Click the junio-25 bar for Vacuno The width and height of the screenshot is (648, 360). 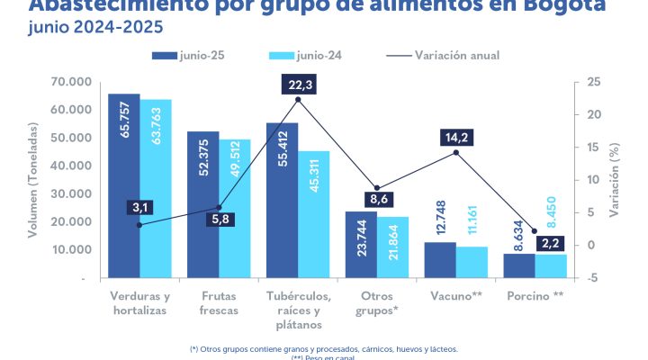coord(440,260)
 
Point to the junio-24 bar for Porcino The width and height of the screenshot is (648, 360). coord(551,266)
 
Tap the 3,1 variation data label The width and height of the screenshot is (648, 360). coord(140,208)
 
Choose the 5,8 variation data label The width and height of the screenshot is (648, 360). coord(219,218)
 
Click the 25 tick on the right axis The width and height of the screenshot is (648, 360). coord(593,82)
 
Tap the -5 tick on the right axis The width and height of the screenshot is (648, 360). coord(592,278)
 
